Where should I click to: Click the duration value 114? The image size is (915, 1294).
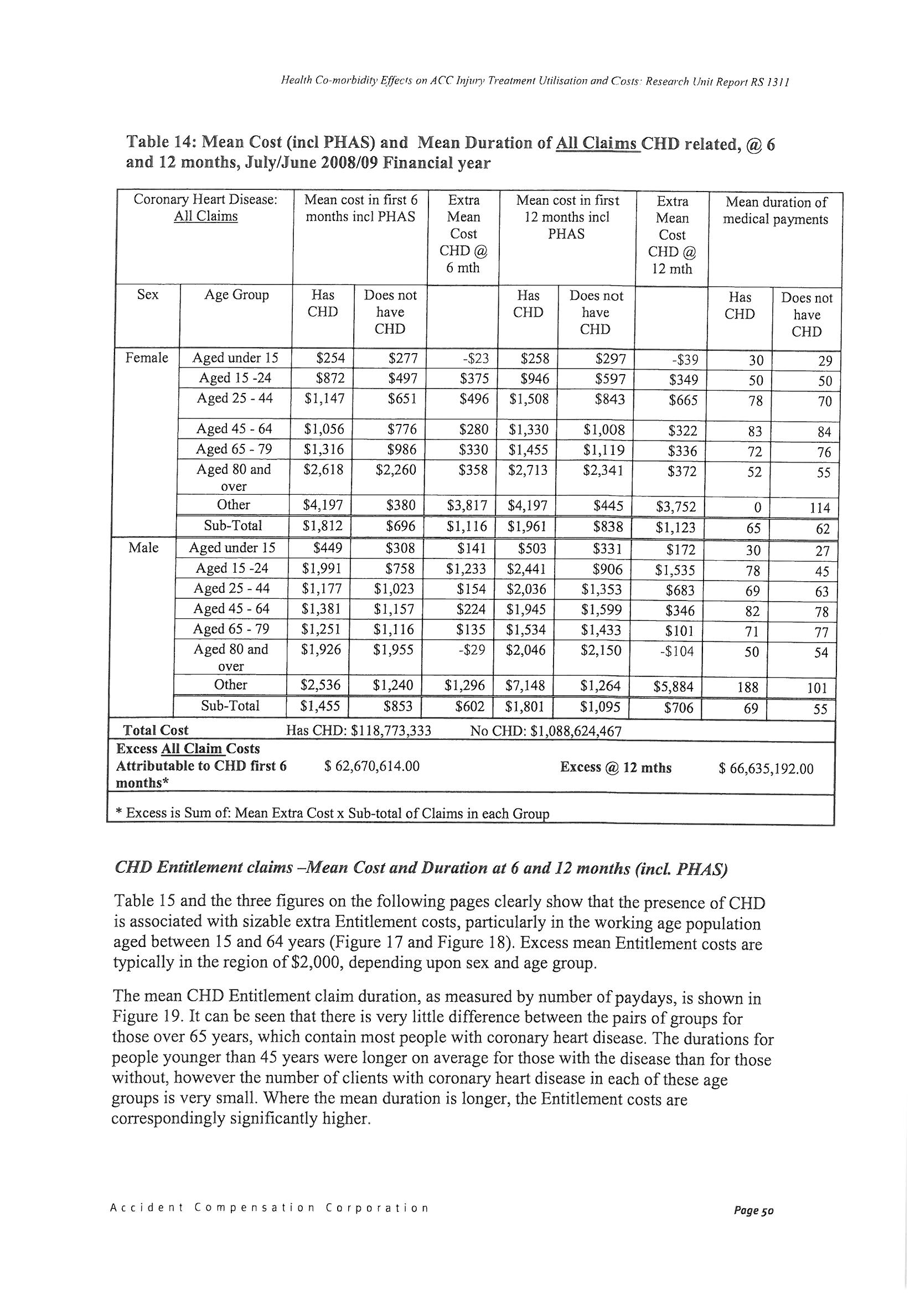[x=820, y=508]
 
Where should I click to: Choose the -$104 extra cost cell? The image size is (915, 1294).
[x=675, y=651]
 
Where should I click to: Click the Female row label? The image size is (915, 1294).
[x=147, y=358]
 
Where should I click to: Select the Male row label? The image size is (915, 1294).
[x=143, y=548]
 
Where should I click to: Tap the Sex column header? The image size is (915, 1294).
[x=148, y=295]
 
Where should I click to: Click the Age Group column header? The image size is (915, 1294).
[x=236, y=295]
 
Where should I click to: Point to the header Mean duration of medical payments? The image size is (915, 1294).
[x=776, y=211]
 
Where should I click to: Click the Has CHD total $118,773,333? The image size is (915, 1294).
[x=359, y=731]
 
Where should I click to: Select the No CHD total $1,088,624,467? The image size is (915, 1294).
[x=546, y=732]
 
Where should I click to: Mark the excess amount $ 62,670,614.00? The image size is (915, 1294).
[x=372, y=766]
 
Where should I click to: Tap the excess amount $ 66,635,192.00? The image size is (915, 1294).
[x=766, y=768]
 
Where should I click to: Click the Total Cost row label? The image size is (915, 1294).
[x=156, y=731]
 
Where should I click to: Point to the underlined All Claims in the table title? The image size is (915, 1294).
[x=598, y=144]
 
